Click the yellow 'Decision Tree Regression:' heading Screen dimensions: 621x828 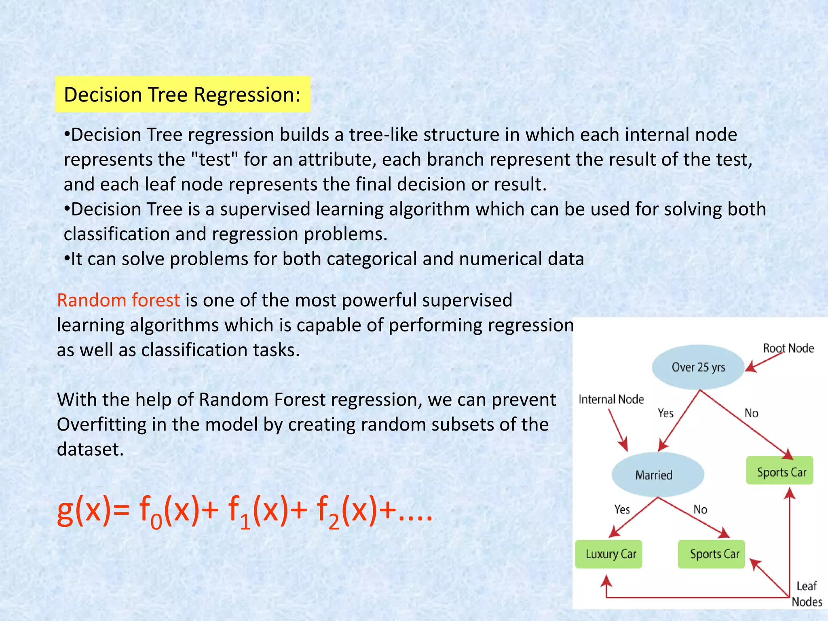[x=182, y=94]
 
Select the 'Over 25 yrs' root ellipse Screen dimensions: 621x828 [x=698, y=367]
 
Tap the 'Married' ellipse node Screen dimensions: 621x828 [x=657, y=475]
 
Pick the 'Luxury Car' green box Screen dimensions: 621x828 [x=608, y=554]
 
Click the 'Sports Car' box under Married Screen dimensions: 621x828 [x=712, y=554]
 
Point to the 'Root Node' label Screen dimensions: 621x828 [x=788, y=348]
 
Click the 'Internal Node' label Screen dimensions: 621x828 [x=611, y=399]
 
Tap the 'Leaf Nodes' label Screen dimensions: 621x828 [x=807, y=594]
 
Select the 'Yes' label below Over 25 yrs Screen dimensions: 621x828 [x=665, y=413]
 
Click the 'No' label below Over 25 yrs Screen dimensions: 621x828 [x=751, y=413]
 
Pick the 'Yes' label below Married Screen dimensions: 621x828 [x=622, y=509]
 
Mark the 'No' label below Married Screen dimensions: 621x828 [x=700, y=509]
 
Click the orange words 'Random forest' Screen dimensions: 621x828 [x=118, y=300]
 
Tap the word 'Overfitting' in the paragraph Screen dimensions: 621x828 [x=101, y=425]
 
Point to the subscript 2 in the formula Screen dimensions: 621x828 [x=333, y=522]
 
